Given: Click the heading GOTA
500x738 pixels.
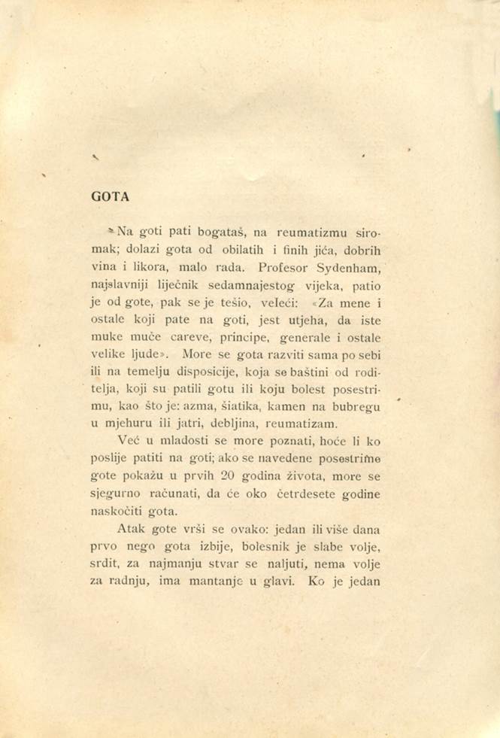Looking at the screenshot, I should [110, 197].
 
